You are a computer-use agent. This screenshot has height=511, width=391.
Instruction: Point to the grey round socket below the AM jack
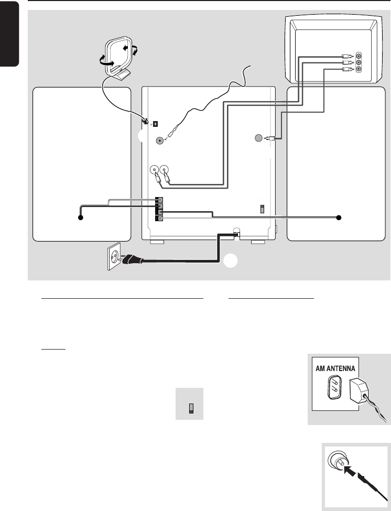[x=160, y=140]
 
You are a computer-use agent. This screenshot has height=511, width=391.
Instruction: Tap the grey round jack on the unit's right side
[x=257, y=138]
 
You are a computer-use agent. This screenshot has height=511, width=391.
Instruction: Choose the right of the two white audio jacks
[x=165, y=170]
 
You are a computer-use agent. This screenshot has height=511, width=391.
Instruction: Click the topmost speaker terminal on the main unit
[x=160, y=199]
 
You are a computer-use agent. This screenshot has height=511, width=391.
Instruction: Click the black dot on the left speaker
[x=81, y=218]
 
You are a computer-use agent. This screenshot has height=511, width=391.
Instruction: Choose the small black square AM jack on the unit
[x=155, y=124]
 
